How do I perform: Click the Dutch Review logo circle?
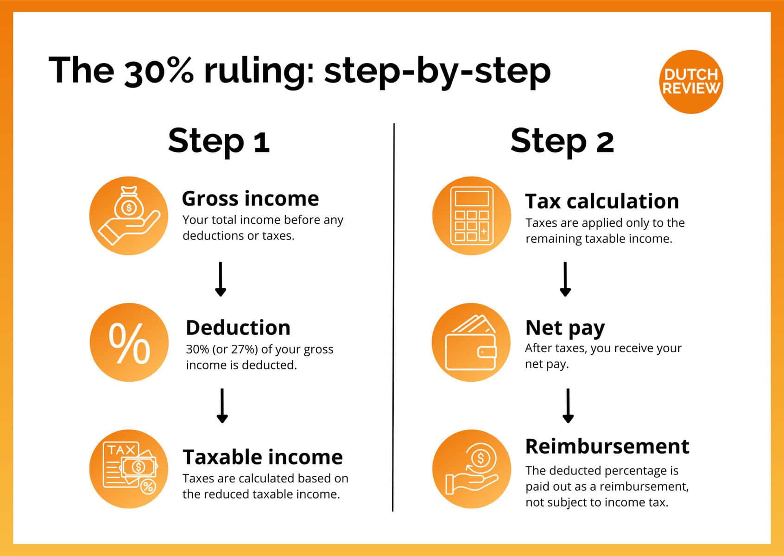[x=690, y=82]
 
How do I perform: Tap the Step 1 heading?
[x=219, y=141]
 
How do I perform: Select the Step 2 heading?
[x=562, y=141]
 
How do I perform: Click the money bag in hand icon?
[x=129, y=215]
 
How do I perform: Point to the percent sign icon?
[x=129, y=343]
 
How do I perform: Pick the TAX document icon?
[x=129, y=468]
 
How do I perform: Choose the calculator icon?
[x=472, y=215]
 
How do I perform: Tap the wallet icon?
[x=471, y=343]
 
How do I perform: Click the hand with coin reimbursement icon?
[x=472, y=468]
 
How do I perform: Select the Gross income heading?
[x=250, y=199]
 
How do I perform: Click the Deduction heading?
[x=238, y=328]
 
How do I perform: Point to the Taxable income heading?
[x=263, y=457]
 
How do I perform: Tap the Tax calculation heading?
[x=602, y=202]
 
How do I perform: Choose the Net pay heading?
[x=565, y=328]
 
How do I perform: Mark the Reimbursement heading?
[x=607, y=446]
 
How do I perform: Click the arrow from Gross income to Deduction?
[x=221, y=279]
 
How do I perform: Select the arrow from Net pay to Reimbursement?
[x=568, y=405]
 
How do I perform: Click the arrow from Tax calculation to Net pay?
[x=565, y=279]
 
